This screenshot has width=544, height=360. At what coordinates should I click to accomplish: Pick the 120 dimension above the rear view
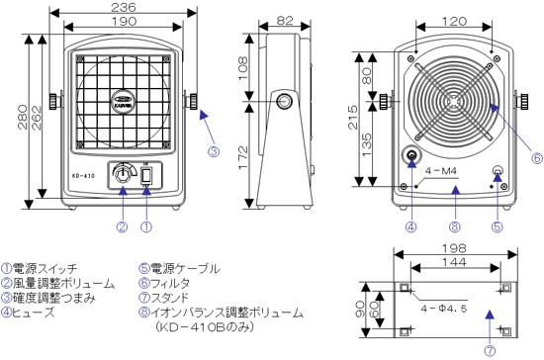[x=455, y=20]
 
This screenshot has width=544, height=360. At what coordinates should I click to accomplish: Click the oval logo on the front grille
[x=124, y=100]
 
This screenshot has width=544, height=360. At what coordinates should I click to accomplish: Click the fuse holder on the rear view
[x=408, y=157]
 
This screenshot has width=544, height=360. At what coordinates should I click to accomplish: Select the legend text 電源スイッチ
[x=45, y=267]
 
